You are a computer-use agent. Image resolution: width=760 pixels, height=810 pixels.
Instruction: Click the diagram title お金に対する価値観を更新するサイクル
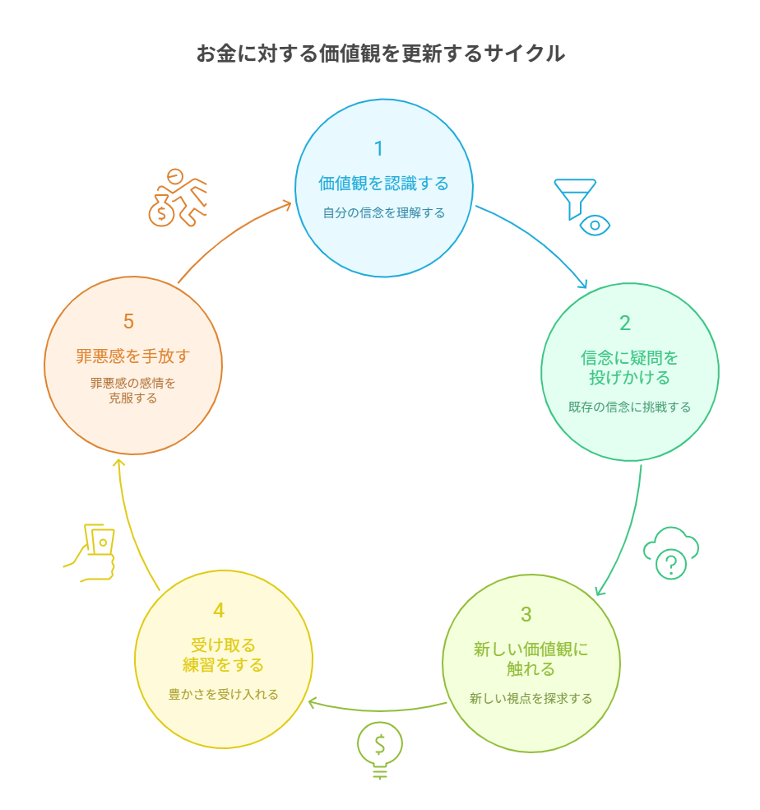point(381,54)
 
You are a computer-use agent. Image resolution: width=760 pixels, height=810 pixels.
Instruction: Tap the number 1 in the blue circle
point(379,149)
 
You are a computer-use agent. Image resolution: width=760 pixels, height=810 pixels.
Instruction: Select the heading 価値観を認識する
point(383,184)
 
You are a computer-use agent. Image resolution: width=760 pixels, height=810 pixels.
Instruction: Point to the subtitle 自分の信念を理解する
point(383,213)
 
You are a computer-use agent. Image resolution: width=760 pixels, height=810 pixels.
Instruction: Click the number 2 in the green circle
point(625,323)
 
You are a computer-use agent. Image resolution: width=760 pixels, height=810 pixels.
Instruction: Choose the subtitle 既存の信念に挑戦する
point(629,407)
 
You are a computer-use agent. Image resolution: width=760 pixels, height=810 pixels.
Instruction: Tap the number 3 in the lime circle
point(526,614)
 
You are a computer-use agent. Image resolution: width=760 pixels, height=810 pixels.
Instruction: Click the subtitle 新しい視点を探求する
point(531,698)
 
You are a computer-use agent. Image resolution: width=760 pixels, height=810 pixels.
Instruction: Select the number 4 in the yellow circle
point(219,611)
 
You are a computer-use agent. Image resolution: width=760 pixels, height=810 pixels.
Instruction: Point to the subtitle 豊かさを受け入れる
point(224,694)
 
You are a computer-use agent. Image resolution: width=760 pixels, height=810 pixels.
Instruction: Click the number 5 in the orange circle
point(128,321)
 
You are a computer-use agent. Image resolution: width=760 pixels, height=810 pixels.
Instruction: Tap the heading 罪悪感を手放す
point(133,356)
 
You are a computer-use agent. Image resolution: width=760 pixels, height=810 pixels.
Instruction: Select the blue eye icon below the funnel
point(595,226)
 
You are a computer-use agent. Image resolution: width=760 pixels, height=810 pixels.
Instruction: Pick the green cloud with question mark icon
point(671,552)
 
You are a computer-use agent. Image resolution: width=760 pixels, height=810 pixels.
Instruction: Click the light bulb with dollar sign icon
point(380,750)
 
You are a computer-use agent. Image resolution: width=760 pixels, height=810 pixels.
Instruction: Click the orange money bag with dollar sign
point(161,211)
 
